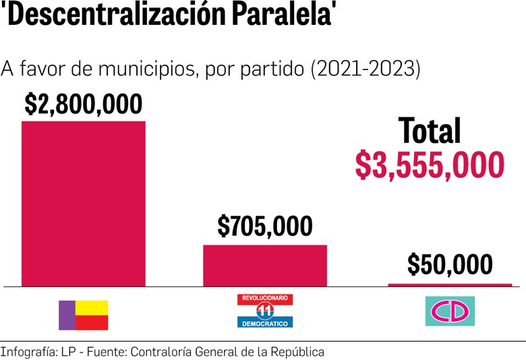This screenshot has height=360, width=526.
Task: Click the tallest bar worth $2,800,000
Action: pos(84,204)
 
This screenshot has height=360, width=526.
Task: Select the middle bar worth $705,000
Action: pos(265,266)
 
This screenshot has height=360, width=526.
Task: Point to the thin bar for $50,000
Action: pos(450,285)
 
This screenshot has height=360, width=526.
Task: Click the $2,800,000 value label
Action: pos(84,104)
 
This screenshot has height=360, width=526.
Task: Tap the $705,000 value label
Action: pos(265,227)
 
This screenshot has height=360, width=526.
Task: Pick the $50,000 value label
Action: pos(450,265)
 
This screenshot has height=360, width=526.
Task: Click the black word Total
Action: pos(430,131)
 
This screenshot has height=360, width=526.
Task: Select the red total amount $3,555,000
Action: pos(430,165)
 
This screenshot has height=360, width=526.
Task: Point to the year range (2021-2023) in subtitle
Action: pos(365,69)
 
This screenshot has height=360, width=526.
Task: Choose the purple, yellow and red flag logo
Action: pos(84,315)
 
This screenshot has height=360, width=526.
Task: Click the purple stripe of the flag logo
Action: pos(67,315)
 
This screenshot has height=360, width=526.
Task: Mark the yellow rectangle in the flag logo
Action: pos(92,307)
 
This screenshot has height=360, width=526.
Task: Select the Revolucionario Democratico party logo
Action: pos(265,311)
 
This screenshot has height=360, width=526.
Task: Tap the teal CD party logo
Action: pos(450,311)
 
